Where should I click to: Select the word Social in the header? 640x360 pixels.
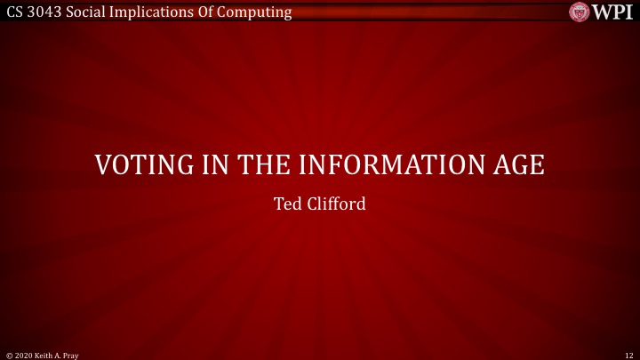click(88, 12)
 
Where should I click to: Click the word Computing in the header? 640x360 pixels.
click(259, 12)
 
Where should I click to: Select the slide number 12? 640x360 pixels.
click(628, 354)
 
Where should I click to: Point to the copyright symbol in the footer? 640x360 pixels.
click(8, 354)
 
